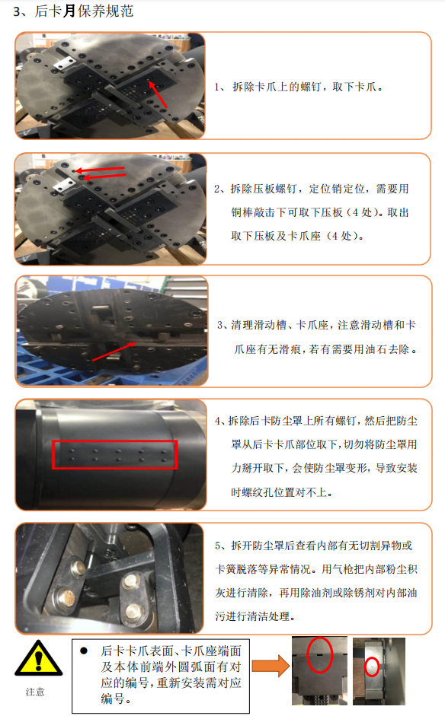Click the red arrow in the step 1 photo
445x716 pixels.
158,94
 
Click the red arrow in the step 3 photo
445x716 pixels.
114,352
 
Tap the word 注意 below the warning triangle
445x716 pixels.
35,692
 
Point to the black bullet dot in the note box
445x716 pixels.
84,651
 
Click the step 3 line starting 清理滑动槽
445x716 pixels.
316,325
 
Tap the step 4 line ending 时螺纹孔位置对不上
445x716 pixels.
282,492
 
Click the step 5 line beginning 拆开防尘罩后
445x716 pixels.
314,546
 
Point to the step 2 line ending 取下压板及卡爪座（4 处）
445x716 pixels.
297,236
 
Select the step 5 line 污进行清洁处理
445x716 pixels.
255,616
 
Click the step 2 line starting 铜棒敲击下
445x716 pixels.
320,212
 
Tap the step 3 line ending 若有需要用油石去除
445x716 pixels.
325,349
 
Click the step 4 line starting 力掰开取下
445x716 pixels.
325,468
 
